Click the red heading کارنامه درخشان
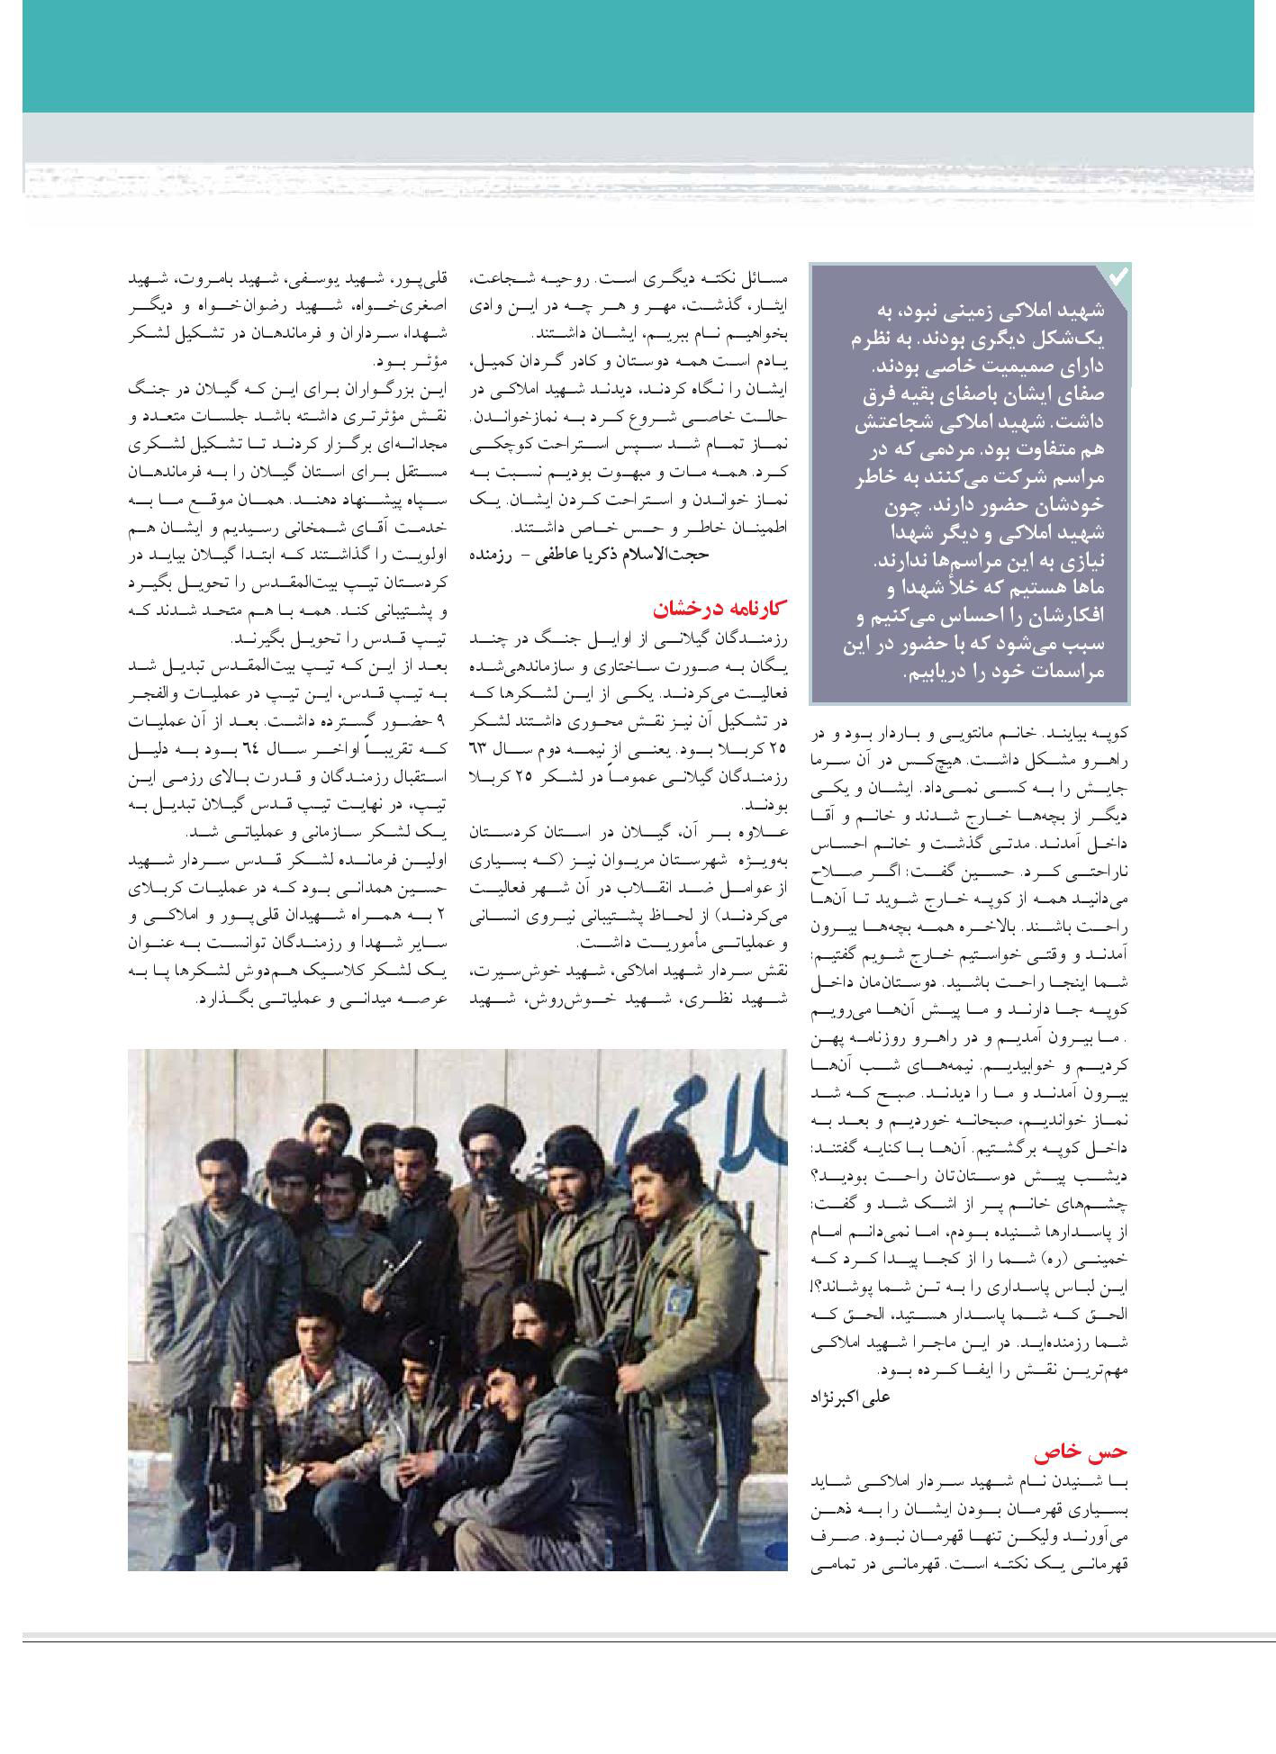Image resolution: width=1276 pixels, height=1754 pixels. [720, 610]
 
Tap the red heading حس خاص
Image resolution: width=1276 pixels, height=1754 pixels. [1093, 1451]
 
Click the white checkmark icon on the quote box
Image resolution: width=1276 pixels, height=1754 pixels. [1117, 277]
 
